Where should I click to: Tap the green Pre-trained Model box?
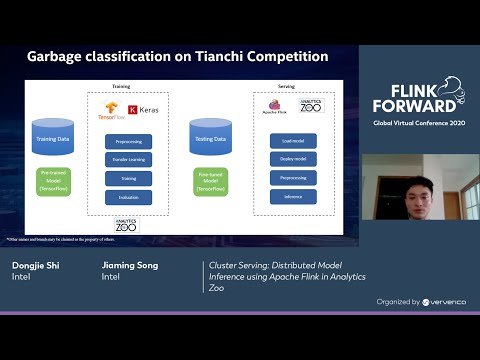pos(54,182)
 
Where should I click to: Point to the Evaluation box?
pos(128,196)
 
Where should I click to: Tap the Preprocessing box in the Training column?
pos(128,142)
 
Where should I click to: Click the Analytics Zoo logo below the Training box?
pos(126,225)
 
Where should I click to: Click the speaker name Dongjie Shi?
pos(36,265)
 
